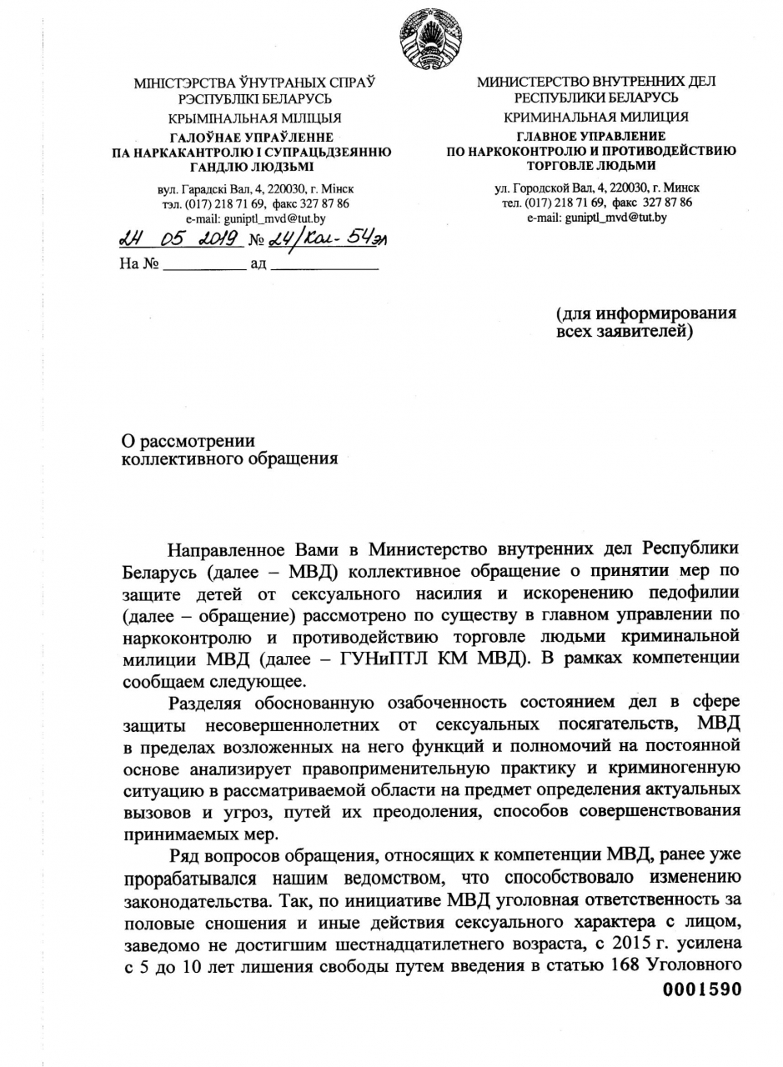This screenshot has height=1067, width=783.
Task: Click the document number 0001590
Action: (x=701, y=989)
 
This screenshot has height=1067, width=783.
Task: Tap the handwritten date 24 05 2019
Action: (x=178, y=240)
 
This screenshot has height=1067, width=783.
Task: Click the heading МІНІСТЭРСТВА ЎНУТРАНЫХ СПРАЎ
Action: (x=254, y=83)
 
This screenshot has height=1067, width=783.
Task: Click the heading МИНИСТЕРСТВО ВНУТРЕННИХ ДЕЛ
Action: (x=596, y=82)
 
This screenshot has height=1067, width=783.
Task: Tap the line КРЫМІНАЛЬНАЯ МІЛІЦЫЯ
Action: (x=254, y=118)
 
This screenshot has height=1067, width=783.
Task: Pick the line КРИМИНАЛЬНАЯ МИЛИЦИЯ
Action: (x=596, y=117)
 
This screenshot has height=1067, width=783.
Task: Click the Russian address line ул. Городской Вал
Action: (x=596, y=188)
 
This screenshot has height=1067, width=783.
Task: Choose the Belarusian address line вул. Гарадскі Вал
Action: (x=254, y=189)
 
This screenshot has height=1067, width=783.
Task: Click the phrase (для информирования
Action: (x=646, y=313)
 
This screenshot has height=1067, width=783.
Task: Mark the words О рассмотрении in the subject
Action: (x=188, y=441)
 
